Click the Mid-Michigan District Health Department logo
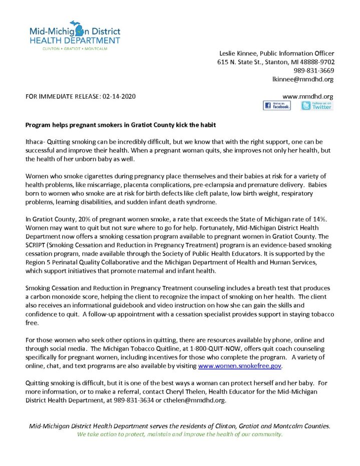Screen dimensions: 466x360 pos(75,35)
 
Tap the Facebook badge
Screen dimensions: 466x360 pos(276,106)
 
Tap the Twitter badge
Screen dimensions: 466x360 pos(316,106)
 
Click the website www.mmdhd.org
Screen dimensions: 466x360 pos(308,96)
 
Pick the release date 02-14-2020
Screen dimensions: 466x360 pos(118,96)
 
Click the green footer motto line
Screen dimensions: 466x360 pos(180,434)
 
